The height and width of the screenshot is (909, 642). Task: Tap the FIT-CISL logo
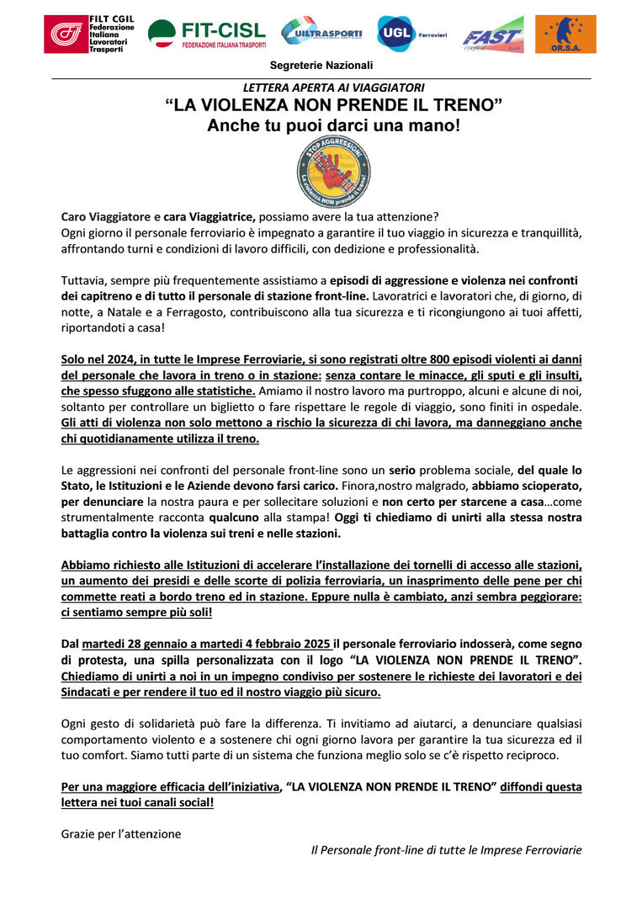206,35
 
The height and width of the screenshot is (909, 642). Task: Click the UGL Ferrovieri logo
411,34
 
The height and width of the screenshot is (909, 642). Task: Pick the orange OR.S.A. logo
565,34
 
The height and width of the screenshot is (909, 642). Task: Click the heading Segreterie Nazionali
321,66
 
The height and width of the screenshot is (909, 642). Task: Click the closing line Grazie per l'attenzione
121,834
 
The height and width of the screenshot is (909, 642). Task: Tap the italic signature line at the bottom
446,850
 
